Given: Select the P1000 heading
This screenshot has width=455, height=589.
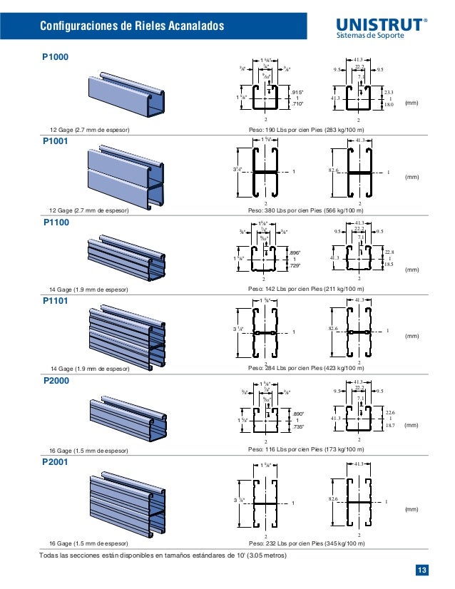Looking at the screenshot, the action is pos(54,56).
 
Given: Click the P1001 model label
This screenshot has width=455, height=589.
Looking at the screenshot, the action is pos(54,141).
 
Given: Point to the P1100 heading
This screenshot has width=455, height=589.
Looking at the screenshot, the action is pos(54,222).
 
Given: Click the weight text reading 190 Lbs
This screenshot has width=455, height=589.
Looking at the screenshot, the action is pos(305,130).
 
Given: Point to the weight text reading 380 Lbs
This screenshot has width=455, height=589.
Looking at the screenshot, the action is pos(305,211).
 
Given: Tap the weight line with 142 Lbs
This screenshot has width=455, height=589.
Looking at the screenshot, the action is pos(305,290).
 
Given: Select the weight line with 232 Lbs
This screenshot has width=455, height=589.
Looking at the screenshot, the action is pos(305,543).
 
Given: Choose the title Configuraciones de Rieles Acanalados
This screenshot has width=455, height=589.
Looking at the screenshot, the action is pos(132,27).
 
